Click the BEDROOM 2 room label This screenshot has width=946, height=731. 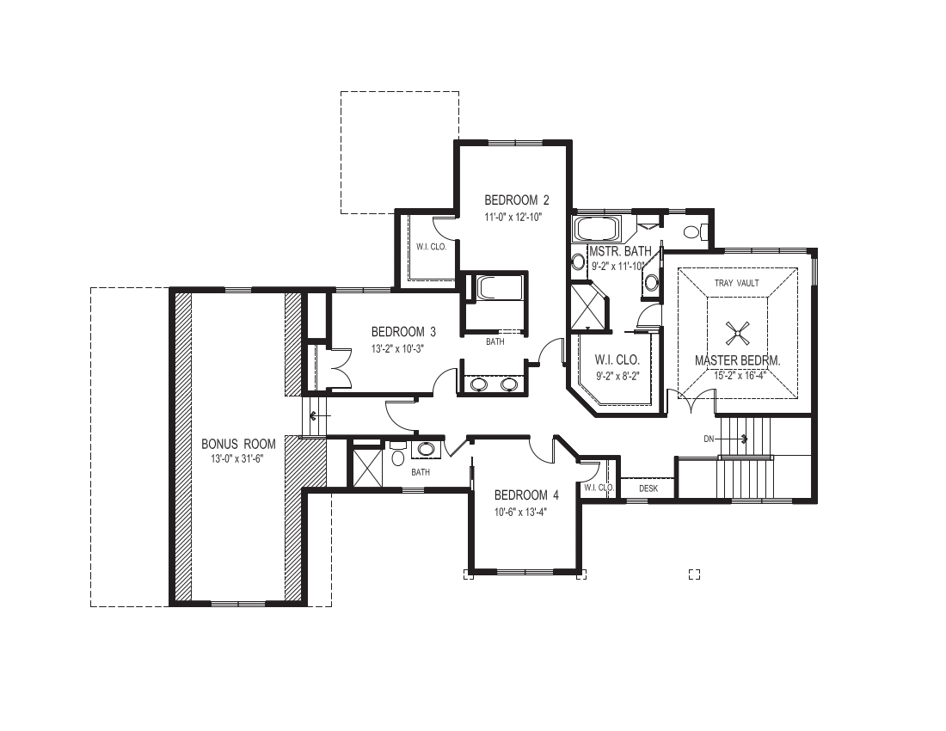tap(516, 200)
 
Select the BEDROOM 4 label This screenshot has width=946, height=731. tap(526, 495)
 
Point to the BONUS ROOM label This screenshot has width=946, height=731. tap(238, 444)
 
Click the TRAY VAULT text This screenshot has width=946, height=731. tap(736, 283)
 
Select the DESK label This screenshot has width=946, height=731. tap(648, 488)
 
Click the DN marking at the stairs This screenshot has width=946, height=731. tap(709, 439)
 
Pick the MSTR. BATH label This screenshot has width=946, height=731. tap(619, 251)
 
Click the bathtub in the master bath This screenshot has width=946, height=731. tap(596, 229)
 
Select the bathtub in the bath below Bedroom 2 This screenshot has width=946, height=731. tap(496, 287)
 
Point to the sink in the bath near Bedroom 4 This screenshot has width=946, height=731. tap(426, 449)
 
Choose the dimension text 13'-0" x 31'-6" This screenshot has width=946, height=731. tap(238, 459)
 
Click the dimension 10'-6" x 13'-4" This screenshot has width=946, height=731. tap(519, 511)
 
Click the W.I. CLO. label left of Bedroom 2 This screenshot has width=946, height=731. tap(429, 247)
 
